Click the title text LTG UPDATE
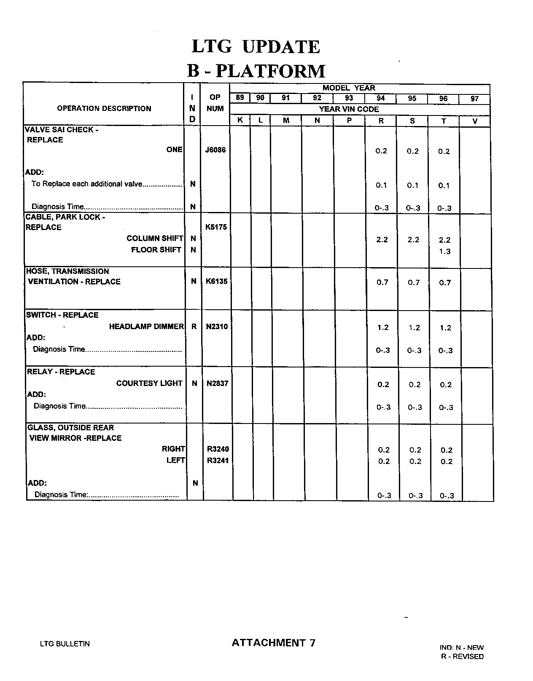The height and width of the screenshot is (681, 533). click(x=256, y=47)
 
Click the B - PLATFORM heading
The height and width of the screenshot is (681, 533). click(x=256, y=71)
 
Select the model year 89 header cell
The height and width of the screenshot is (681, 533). click(x=240, y=98)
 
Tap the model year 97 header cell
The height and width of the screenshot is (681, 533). click(x=474, y=99)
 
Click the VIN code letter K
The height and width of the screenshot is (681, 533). click(x=240, y=120)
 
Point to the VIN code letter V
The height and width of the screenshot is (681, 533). click(x=475, y=121)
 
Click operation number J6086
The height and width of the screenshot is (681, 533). click(x=215, y=150)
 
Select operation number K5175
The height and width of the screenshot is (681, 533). click(x=216, y=227)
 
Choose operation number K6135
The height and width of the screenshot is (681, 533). click(x=216, y=281)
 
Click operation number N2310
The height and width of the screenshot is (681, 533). click(x=217, y=327)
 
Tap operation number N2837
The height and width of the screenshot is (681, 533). click(x=217, y=383)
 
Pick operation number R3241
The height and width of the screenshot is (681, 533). click(x=218, y=461)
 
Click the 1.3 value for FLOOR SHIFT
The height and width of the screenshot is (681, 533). click(x=445, y=252)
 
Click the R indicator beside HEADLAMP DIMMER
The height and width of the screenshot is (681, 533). click(x=194, y=327)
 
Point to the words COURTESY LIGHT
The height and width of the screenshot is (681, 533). click(x=149, y=383)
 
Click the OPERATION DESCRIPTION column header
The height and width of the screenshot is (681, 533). click(x=104, y=109)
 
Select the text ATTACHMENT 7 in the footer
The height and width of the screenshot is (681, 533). click(x=273, y=643)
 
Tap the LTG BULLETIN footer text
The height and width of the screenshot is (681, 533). click(x=65, y=644)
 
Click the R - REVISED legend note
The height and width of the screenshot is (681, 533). click(x=462, y=657)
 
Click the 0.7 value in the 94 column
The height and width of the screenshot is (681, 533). click(x=382, y=282)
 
